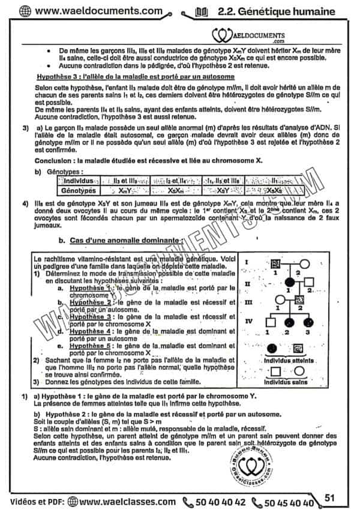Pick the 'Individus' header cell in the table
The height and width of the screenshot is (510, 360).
(x=78, y=181)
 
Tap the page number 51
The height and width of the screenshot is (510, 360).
(x=329, y=497)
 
